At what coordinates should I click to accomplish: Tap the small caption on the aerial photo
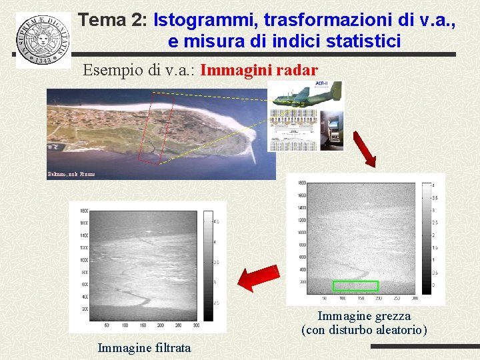tap(71, 174)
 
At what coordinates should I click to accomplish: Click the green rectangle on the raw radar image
tap(355, 286)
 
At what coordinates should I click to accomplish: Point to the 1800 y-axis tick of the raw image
tap(301, 183)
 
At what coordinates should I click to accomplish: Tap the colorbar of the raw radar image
tap(427, 236)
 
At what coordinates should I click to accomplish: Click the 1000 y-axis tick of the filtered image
tap(83, 260)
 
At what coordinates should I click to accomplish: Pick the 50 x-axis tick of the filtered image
tap(107, 325)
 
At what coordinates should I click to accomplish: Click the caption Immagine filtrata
tap(144, 347)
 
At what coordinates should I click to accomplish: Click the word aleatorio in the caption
tap(396, 330)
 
